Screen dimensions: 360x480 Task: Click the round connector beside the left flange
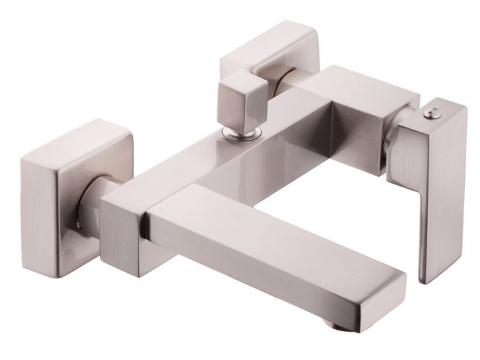[x=93, y=206]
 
